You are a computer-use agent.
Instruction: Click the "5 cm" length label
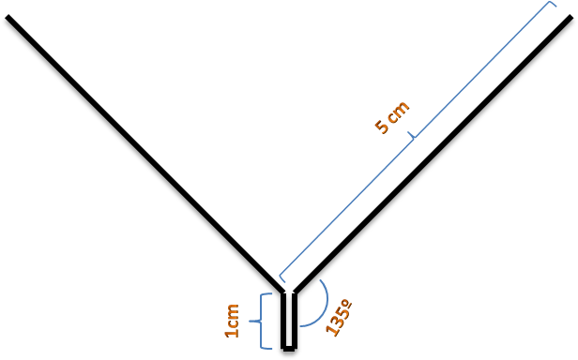[x=392, y=117]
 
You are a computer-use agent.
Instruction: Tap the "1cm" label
[x=232, y=321]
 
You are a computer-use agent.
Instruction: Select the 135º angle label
[x=339, y=318]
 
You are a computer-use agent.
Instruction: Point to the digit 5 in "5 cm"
[x=382, y=127]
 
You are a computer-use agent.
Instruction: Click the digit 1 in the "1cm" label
[x=233, y=333]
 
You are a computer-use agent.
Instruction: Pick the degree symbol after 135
[x=347, y=304]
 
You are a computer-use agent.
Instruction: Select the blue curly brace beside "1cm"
[x=261, y=321]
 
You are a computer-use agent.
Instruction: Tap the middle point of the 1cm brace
[x=250, y=322]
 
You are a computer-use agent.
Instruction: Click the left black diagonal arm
[x=145, y=154]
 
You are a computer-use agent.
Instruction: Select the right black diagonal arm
[x=432, y=154]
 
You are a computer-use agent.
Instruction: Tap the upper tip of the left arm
[x=8, y=17]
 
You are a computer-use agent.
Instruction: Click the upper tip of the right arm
[x=570, y=17]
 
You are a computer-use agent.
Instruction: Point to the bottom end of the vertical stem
[x=289, y=349]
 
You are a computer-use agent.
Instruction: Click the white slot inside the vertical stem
[x=289, y=319]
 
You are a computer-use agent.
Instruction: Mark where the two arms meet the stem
[x=289, y=292]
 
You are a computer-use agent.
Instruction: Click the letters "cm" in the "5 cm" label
[x=399, y=111]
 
